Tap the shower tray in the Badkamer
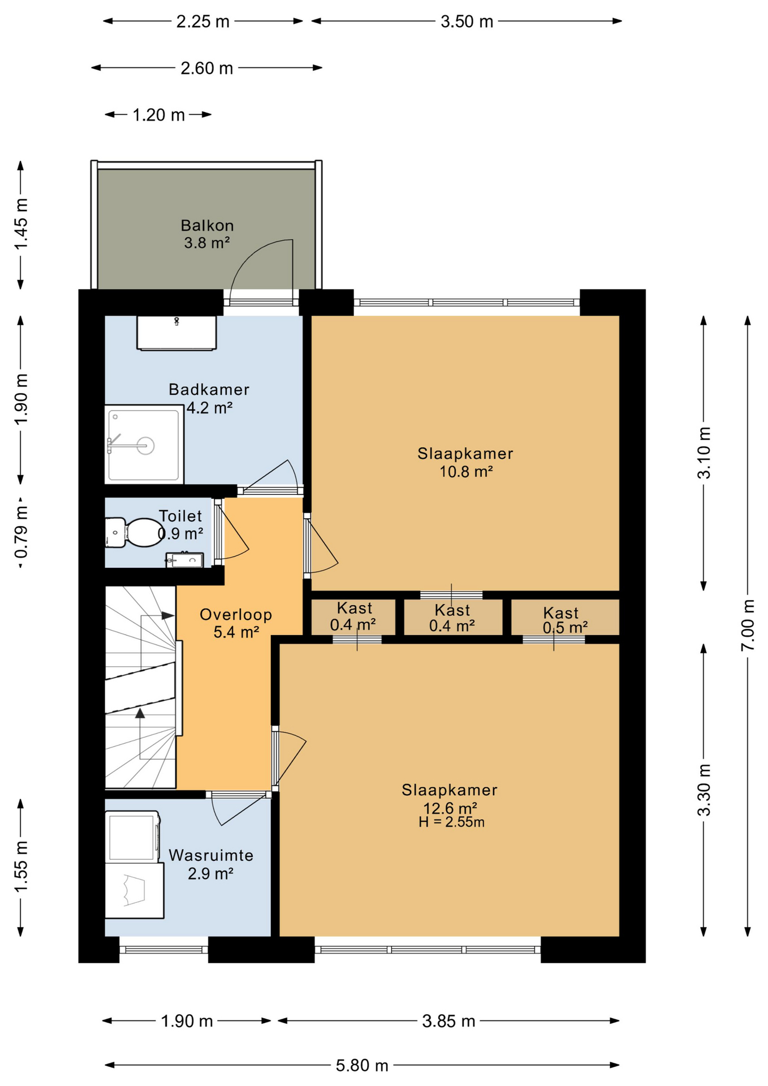pos(144,444)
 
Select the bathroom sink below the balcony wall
pos(176,333)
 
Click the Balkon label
pos(207,226)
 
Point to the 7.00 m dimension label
pos(748,625)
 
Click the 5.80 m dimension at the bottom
pos(362,1066)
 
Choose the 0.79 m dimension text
pos(21,532)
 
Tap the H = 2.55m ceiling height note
pos(451,822)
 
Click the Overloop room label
pos(236,615)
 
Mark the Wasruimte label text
pos(211,855)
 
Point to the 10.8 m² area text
pos(466,472)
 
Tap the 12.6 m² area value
pos(450,807)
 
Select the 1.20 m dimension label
pos(158,115)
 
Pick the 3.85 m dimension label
pos(448,1021)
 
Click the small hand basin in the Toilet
pos(184,560)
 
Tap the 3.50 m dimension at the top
pos(467,21)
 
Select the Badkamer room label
pos(209,389)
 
